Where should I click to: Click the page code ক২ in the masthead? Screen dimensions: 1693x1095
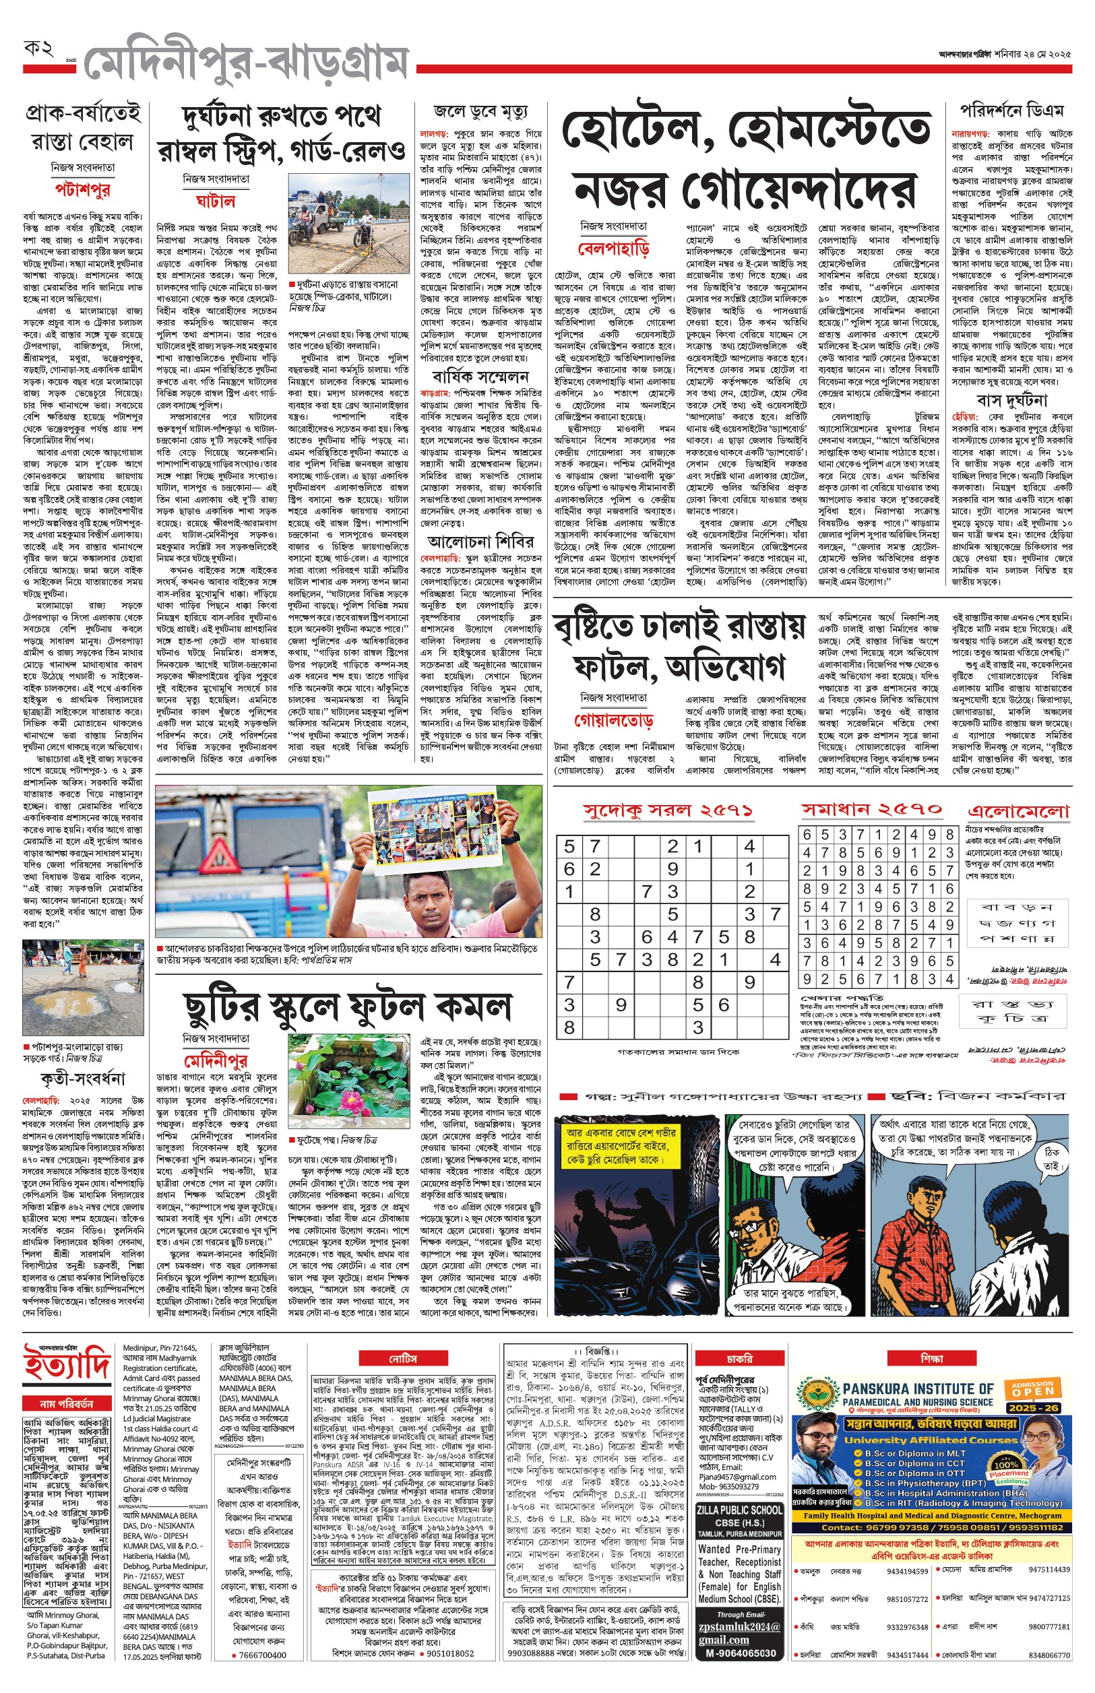(x=38, y=49)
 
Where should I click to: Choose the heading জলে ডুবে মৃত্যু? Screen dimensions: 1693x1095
(x=480, y=113)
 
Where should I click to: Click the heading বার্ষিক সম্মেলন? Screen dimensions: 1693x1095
(x=480, y=376)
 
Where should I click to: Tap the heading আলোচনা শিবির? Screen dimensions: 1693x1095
(x=480, y=542)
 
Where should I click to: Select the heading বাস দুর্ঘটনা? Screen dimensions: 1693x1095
(x=1012, y=400)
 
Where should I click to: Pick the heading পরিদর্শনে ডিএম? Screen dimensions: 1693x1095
(x=1012, y=111)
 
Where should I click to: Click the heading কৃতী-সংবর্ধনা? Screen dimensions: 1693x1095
(x=82, y=1079)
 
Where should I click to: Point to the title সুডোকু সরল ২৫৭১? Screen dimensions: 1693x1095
(x=668, y=810)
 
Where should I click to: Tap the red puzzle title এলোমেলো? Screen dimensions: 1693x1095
(x=1018, y=811)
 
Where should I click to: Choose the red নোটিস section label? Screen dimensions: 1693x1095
(x=402, y=1358)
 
